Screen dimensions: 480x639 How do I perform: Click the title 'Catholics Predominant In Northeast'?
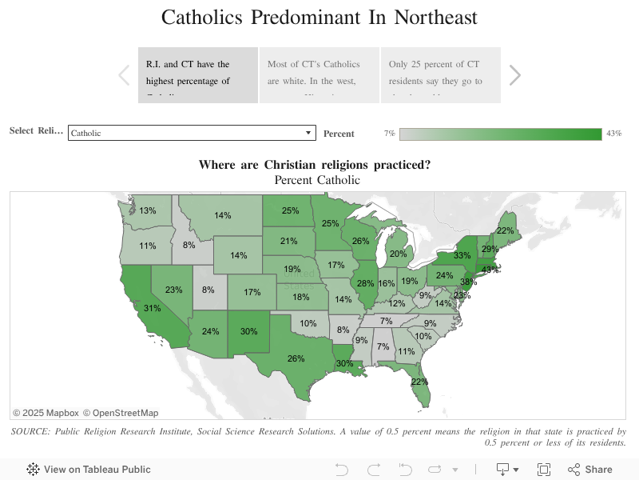click(x=319, y=18)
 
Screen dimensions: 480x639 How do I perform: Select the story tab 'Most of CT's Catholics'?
click(x=319, y=74)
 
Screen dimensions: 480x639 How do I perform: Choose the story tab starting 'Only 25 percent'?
click(x=440, y=74)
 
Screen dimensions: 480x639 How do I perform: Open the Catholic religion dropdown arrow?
click(x=309, y=133)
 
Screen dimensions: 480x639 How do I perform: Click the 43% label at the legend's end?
click(x=613, y=134)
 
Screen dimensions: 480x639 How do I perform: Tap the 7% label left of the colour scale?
click(x=390, y=134)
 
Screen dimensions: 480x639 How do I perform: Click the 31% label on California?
click(x=153, y=308)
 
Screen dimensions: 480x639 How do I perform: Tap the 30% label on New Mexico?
click(x=248, y=331)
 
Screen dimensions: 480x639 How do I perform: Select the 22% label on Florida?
click(x=419, y=382)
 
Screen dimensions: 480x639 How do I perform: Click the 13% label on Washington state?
click(x=148, y=210)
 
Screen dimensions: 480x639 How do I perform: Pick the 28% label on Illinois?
click(x=366, y=283)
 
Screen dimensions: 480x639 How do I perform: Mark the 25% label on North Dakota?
click(x=290, y=211)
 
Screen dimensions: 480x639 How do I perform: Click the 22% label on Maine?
click(x=505, y=230)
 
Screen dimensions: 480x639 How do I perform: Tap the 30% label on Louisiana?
click(x=344, y=364)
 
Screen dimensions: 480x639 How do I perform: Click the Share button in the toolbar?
click(x=590, y=470)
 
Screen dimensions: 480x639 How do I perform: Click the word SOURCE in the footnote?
click(x=34, y=431)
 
